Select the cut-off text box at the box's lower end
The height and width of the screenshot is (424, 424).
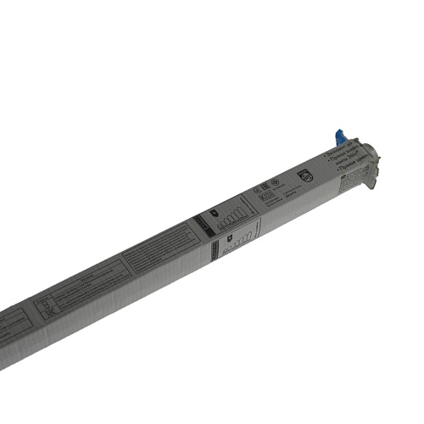click(12, 327)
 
